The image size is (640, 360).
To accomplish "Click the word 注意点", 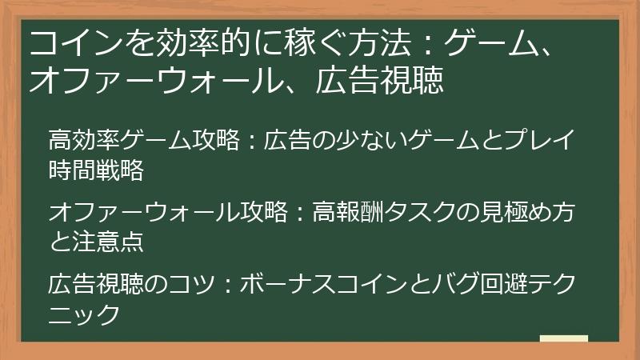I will (x=107, y=241).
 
